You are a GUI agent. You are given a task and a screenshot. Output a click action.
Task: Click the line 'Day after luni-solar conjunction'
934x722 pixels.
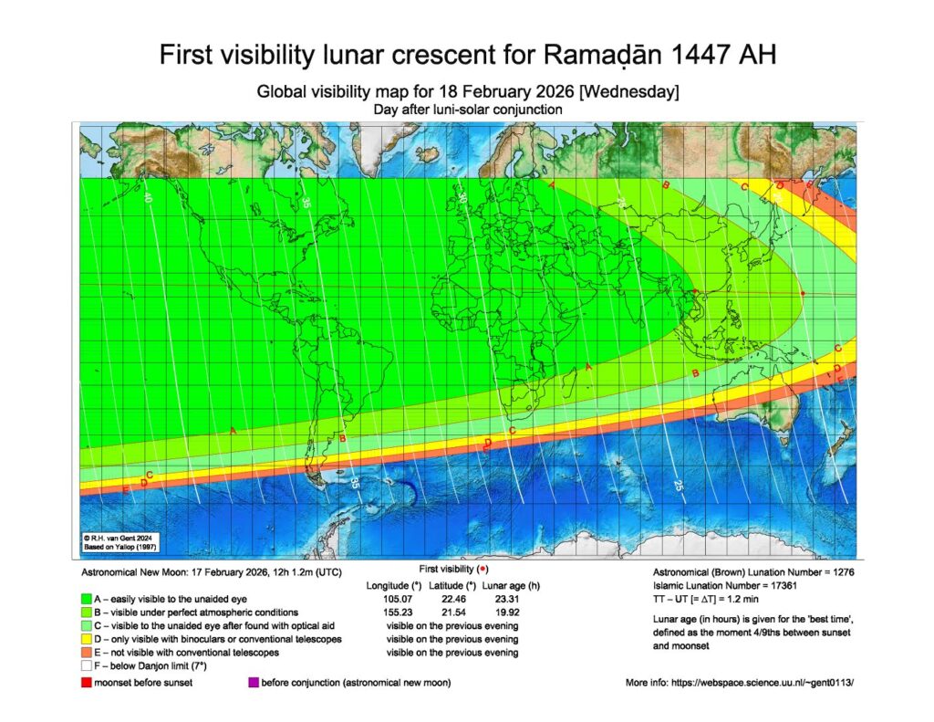coord(467,109)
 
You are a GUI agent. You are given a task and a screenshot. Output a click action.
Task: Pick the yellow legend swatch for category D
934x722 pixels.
coord(86,640)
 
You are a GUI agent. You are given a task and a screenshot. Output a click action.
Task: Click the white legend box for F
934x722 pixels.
coord(86,668)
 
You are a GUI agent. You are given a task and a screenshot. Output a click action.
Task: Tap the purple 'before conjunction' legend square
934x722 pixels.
coord(253,683)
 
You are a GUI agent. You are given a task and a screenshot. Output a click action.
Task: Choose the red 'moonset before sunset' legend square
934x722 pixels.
coord(86,683)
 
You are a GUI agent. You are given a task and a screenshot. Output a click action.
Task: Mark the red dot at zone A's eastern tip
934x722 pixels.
coord(695,292)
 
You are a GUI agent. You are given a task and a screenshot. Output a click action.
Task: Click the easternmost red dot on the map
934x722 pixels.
coord(803,293)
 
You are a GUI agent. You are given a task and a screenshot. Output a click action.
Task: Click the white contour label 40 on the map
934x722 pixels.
coord(147,196)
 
